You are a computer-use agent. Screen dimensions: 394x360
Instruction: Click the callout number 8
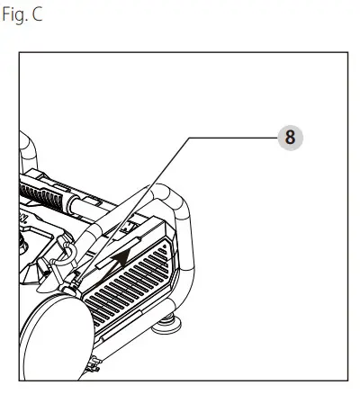289,138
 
